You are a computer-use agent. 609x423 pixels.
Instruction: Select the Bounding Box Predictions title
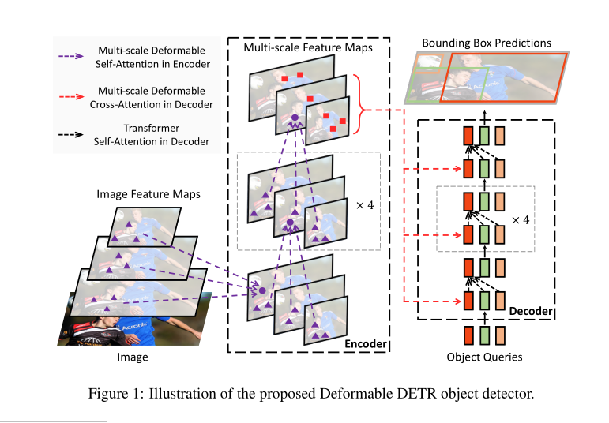(487, 42)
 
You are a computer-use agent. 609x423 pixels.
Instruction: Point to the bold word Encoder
(366, 344)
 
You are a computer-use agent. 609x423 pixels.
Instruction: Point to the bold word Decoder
(530, 311)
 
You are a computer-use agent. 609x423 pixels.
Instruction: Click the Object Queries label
(485, 357)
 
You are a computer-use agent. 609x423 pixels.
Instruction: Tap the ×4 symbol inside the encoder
(364, 204)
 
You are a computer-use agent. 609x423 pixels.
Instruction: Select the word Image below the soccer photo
(133, 357)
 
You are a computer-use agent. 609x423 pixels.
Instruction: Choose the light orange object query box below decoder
(502, 335)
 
